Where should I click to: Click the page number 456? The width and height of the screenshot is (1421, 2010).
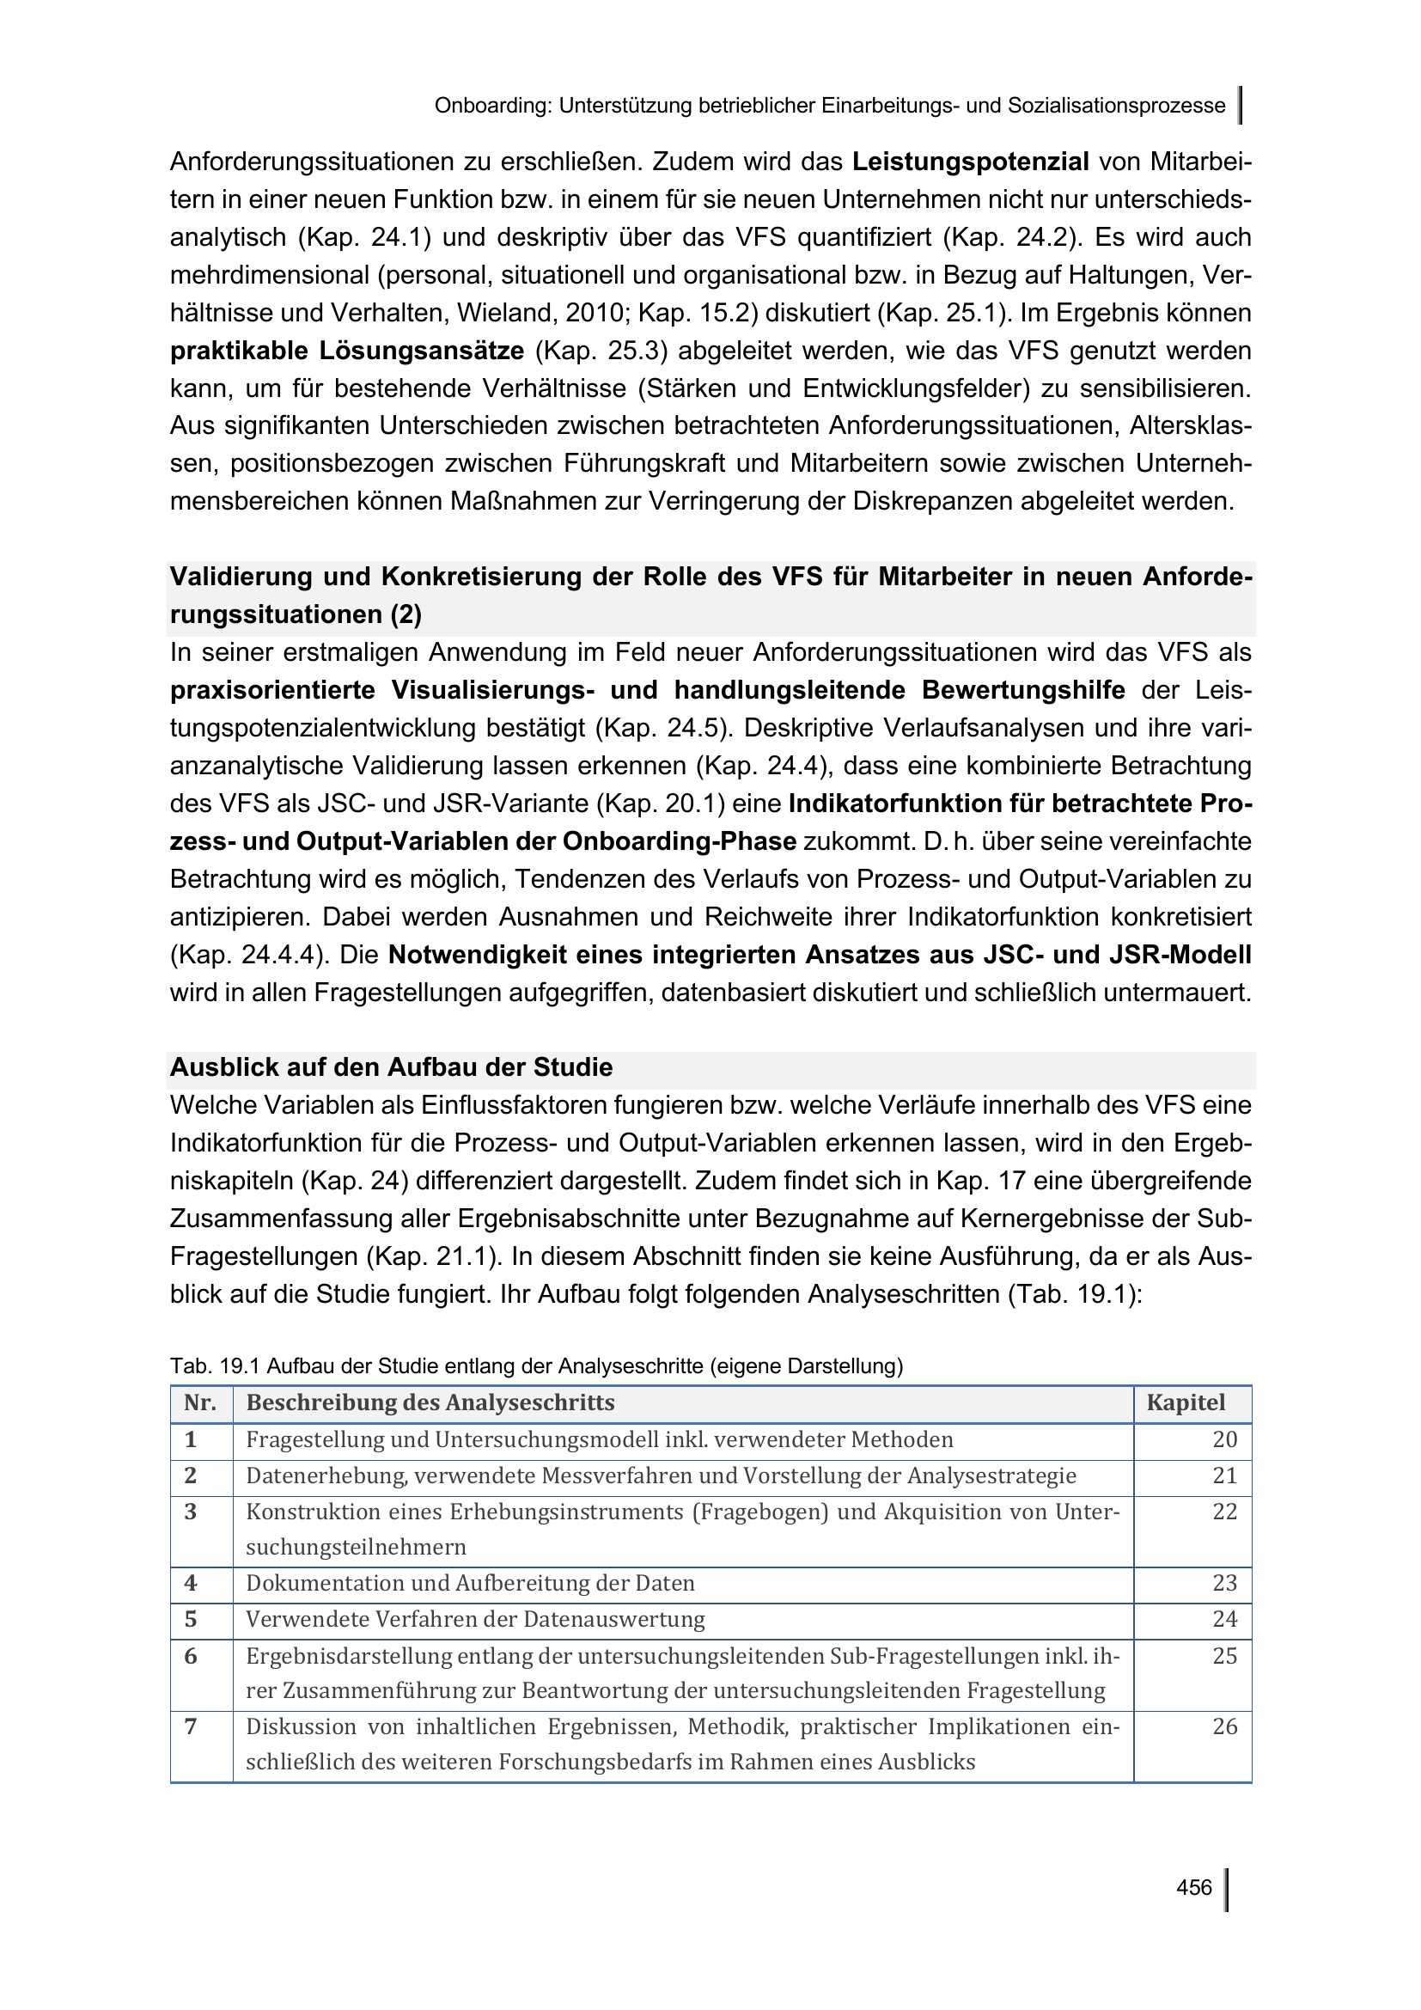pos(1193,1887)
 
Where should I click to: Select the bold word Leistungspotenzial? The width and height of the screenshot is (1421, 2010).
pos(970,162)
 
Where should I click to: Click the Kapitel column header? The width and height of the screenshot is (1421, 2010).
pos(1186,1402)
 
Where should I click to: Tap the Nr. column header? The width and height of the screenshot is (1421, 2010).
pos(200,1402)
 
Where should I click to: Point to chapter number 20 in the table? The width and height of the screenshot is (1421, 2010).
pos(1224,1439)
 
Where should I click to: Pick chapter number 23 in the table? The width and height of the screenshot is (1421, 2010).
pos(1224,1583)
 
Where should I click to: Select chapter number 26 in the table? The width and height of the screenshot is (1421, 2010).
pos(1224,1726)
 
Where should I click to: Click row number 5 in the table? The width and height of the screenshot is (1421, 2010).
pos(191,1619)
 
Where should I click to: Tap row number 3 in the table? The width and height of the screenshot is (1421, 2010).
pos(191,1511)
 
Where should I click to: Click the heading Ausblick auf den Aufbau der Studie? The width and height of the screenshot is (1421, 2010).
pos(391,1067)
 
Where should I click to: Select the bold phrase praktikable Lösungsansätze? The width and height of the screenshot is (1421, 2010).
pos(346,351)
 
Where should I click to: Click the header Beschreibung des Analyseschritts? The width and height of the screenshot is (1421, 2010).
pos(430,1402)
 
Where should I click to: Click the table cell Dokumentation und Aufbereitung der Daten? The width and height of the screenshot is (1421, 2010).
pos(470,1583)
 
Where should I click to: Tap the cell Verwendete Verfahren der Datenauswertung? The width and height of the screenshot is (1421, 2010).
pos(475,1619)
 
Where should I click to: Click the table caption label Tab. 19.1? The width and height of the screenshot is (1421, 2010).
pos(216,1365)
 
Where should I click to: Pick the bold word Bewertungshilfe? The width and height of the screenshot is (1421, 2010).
pos(1023,690)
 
